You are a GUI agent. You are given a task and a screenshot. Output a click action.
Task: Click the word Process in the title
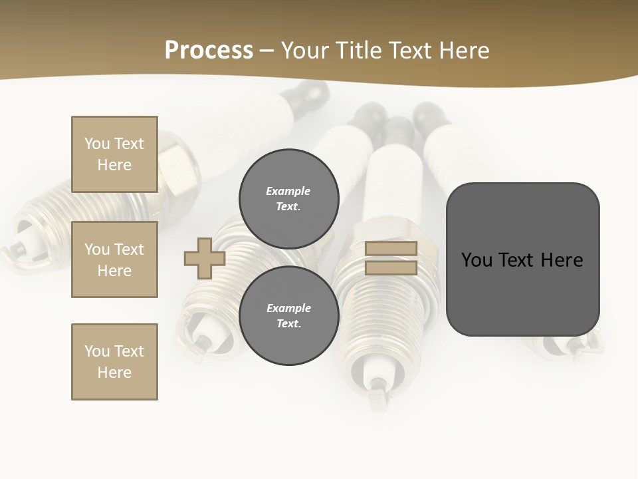click(209, 50)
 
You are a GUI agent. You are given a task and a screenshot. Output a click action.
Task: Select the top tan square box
click(114, 154)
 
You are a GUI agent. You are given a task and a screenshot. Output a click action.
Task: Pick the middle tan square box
click(114, 259)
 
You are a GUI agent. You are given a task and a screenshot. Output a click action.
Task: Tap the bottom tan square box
click(114, 362)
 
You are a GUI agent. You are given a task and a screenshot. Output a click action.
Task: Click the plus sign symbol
click(205, 258)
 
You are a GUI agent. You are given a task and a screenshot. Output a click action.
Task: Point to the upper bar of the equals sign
click(391, 249)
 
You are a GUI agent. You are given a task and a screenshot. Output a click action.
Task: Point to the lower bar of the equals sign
click(391, 268)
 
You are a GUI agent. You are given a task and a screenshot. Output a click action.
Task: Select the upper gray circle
click(289, 199)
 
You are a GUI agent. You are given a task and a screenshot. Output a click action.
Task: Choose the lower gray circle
click(289, 316)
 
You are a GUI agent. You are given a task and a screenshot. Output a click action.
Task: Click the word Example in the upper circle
click(288, 192)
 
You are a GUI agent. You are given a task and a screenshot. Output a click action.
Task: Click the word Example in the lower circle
click(288, 309)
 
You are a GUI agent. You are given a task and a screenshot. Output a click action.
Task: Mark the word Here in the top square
click(114, 165)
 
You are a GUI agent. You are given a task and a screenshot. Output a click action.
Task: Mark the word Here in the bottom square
click(114, 373)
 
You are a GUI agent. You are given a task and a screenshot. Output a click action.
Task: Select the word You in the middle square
click(97, 249)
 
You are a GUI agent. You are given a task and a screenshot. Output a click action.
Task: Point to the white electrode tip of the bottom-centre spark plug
click(377, 373)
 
